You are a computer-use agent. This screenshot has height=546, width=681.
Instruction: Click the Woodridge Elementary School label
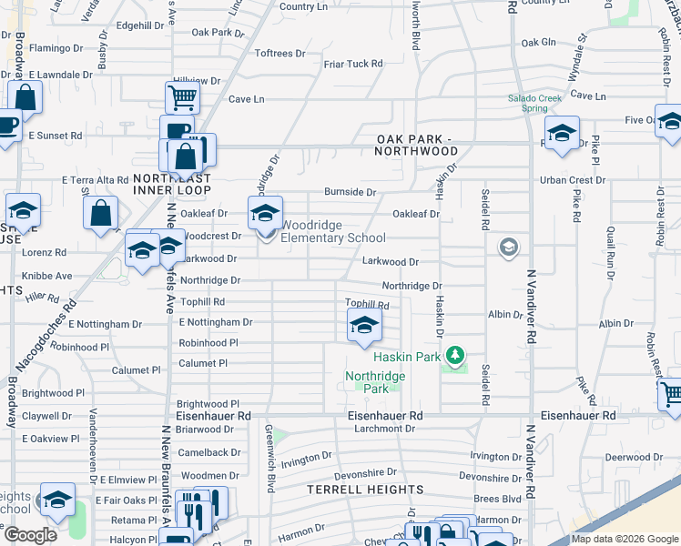pyautogui.click(x=332, y=231)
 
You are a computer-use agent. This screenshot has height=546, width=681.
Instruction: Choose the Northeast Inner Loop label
pyautogui.click(x=172, y=184)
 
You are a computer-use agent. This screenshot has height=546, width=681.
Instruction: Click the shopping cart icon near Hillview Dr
pyautogui.click(x=183, y=97)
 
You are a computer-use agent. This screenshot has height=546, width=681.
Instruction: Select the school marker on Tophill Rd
pyautogui.click(x=364, y=326)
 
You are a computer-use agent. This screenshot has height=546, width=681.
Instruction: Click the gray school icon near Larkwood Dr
pyautogui.click(x=508, y=247)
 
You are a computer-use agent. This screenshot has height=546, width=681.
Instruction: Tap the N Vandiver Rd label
pyautogui.click(x=530, y=305)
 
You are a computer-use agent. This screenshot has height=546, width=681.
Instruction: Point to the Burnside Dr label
pyautogui.click(x=351, y=193)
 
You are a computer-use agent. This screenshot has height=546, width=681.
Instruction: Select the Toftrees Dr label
pyautogui.click(x=280, y=54)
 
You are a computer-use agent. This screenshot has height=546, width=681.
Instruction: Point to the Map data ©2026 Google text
pyautogui.click(x=625, y=539)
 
